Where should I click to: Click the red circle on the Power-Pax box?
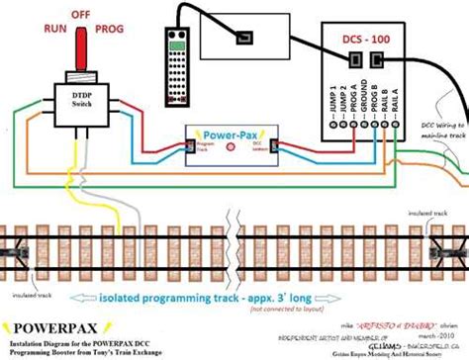[x=230, y=147]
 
